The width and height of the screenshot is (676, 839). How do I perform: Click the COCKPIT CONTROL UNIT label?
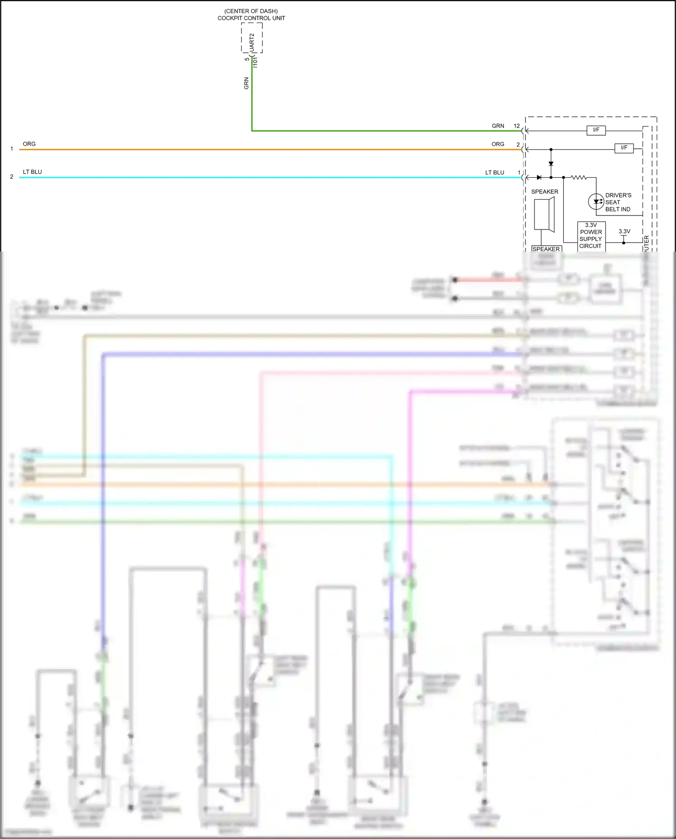[251, 18]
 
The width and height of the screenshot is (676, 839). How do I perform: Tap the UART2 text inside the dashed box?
[251, 41]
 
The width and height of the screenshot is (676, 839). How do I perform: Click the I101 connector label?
[255, 62]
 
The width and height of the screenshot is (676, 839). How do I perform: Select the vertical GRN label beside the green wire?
[246, 83]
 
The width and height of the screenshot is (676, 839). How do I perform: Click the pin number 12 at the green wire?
[516, 126]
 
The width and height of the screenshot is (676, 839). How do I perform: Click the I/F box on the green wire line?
[596, 130]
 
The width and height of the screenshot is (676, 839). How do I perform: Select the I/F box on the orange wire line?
[624, 148]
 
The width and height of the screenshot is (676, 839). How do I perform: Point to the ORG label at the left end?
[29, 144]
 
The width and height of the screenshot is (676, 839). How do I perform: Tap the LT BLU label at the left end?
[32, 172]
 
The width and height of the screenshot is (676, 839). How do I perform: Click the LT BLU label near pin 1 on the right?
[494, 172]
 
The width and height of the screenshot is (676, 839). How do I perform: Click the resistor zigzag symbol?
[579, 178]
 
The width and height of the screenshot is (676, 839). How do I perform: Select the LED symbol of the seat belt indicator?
[596, 202]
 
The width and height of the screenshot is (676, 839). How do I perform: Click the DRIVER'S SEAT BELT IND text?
[618, 202]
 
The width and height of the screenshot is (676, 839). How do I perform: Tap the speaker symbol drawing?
[544, 215]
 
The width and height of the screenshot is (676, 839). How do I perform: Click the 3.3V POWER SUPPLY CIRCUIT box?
[591, 236]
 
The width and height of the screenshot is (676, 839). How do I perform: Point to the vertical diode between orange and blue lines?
[551, 164]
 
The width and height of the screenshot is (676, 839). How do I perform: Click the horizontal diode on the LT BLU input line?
[539, 178]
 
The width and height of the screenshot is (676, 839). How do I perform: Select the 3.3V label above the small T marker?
[624, 231]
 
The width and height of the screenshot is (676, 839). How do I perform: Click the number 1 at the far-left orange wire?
[12, 149]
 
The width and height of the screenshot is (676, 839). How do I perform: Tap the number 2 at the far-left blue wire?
[12, 177]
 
